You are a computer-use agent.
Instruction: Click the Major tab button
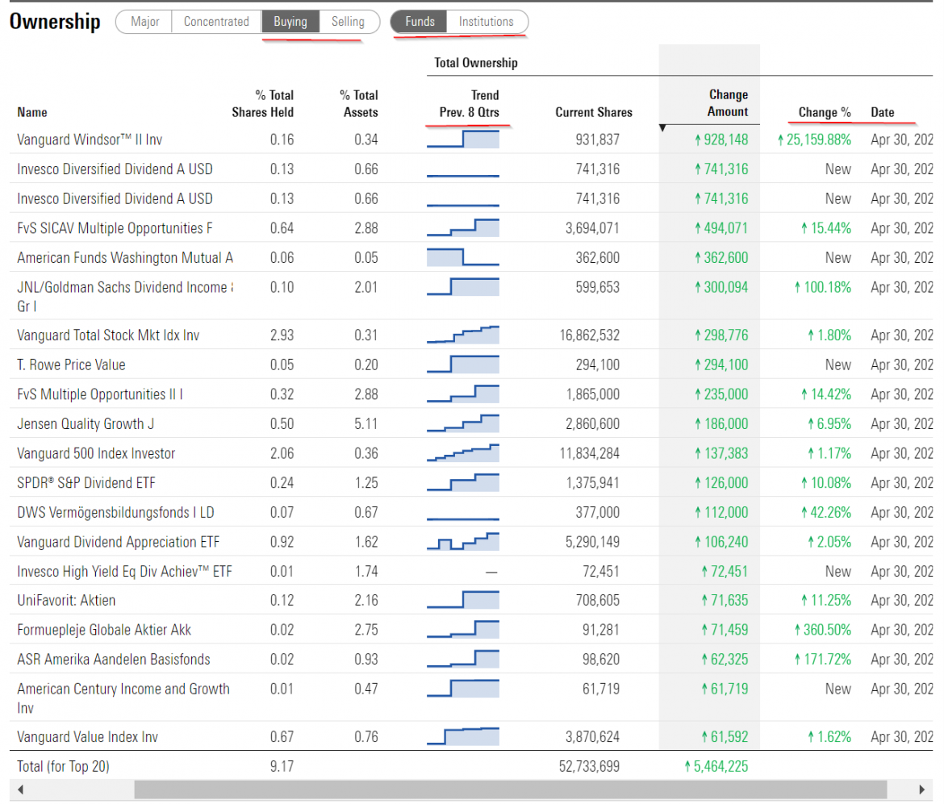[144, 22]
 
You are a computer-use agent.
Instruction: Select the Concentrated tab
[216, 22]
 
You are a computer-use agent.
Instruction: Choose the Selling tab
[348, 22]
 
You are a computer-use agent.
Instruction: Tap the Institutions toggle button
[486, 22]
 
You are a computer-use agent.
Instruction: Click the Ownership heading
[55, 22]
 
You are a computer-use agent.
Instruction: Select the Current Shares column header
[594, 112]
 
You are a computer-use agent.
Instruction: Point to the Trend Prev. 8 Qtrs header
[469, 103]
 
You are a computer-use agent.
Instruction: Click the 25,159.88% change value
[815, 140]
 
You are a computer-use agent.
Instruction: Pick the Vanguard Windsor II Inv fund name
[90, 140]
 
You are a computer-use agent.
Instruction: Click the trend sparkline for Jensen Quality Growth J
[463, 423]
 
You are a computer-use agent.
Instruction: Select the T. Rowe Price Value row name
[71, 365]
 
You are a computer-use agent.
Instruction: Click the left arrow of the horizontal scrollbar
[21, 789]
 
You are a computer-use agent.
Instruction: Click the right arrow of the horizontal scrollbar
[921, 789]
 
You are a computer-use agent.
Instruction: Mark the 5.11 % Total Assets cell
[365, 423]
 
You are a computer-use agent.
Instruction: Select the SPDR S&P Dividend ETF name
[86, 482]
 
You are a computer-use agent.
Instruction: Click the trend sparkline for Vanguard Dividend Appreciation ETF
[463, 541]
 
